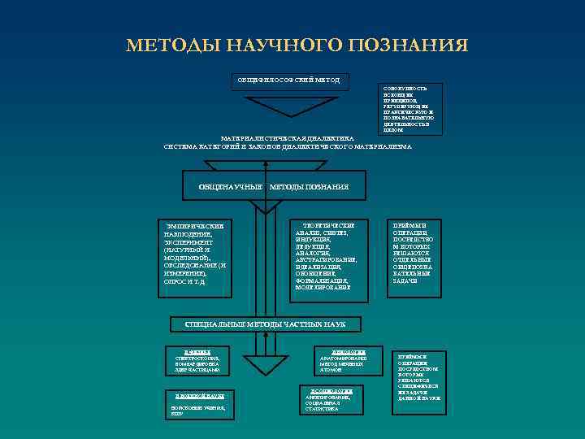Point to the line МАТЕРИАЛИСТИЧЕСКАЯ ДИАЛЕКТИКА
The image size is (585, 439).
coord(288,138)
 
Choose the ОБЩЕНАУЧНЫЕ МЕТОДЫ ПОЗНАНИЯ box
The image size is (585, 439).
coord(274,187)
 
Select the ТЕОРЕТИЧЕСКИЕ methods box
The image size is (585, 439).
coord(324,255)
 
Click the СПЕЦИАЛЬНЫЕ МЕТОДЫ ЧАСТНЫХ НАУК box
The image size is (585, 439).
coord(265,324)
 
